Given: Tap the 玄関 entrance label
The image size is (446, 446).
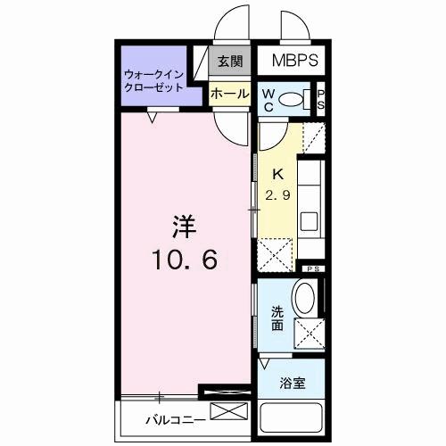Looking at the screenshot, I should click(x=228, y=62).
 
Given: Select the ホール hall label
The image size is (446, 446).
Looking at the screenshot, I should click(x=228, y=93).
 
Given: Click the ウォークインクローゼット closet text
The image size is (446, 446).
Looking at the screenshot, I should click(x=154, y=81).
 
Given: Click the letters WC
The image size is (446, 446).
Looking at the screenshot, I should click(x=267, y=100).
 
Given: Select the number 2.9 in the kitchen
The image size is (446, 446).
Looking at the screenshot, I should click(x=276, y=195).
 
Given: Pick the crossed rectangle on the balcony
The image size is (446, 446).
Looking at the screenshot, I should click(x=226, y=413).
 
